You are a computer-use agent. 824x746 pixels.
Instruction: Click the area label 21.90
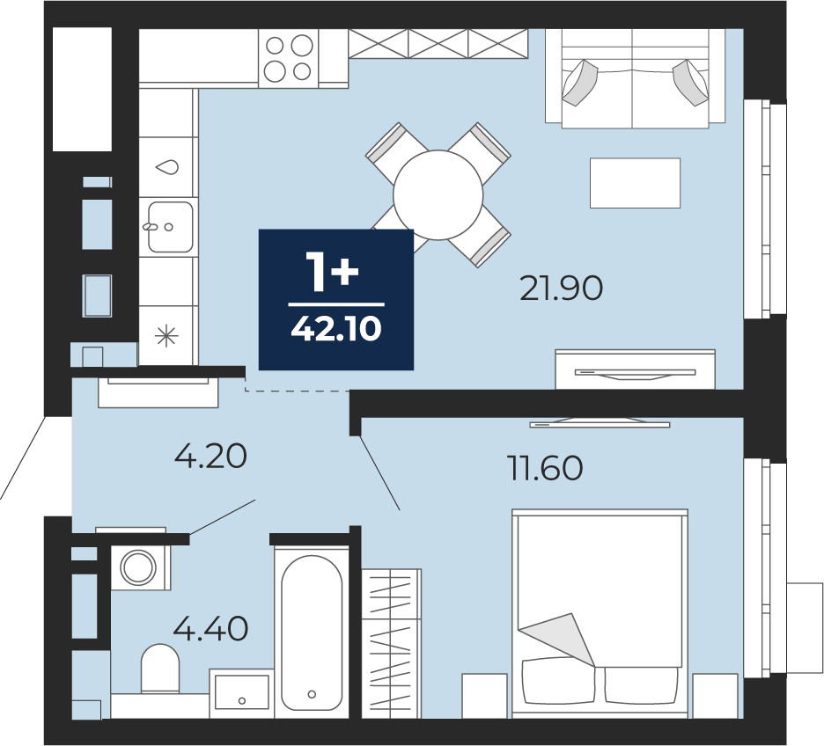pos(561,289)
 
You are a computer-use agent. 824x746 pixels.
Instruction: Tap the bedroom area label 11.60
pos(545,468)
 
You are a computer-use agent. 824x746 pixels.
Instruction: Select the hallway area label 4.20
pos(210,457)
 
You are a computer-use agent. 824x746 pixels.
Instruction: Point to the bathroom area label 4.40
pos(210,629)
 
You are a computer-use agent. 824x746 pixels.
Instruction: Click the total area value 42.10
pos(336,330)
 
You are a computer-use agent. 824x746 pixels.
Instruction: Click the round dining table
pos(438,194)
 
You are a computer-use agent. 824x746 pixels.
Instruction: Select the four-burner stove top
pos(289,58)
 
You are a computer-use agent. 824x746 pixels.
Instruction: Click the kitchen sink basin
pos(170,227)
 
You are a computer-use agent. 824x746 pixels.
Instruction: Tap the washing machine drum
pos(138,567)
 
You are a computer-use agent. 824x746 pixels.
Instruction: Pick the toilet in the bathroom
pos(160,669)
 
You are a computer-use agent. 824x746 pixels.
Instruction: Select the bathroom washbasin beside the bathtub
pos(242,693)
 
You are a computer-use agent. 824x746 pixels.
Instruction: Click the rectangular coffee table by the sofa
pos(635,183)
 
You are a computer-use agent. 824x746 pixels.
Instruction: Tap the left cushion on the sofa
pos(580,83)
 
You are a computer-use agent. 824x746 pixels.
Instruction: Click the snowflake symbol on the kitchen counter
pos(166,335)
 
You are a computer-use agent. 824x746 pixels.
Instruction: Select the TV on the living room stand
pos(635,373)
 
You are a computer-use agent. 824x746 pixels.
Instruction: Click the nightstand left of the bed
pos(484,696)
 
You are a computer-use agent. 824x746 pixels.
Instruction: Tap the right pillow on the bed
pos(640,685)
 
